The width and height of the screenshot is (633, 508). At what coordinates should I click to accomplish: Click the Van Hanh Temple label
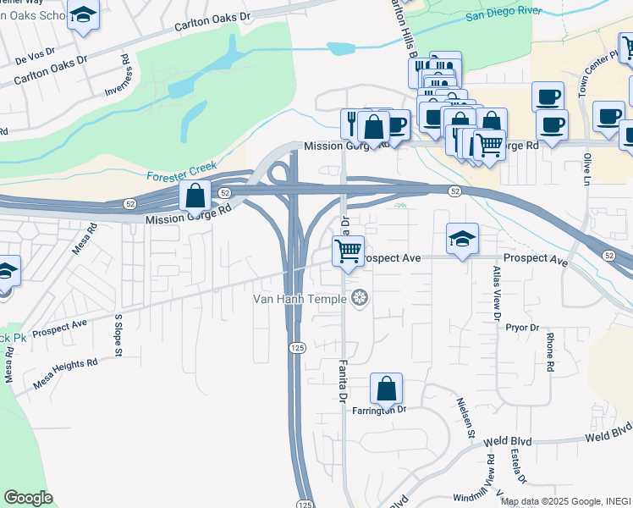tap(300, 299)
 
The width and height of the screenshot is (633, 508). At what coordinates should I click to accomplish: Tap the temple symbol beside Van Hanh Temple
tap(360, 298)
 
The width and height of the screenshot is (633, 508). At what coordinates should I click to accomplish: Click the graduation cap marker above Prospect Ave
tap(462, 239)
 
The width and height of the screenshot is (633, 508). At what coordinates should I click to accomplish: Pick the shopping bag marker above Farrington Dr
tap(386, 389)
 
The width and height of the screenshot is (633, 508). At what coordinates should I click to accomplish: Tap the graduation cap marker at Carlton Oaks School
tap(83, 15)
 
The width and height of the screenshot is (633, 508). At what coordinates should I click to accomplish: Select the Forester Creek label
tap(181, 171)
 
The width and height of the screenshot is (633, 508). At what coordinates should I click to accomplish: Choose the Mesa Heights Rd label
tap(65, 373)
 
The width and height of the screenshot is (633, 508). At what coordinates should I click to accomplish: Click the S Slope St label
tap(118, 333)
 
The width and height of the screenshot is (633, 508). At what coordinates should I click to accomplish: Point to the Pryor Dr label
tap(522, 327)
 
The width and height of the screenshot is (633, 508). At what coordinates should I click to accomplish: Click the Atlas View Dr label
tap(496, 293)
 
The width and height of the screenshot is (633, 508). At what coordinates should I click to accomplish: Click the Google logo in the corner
tap(28, 497)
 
